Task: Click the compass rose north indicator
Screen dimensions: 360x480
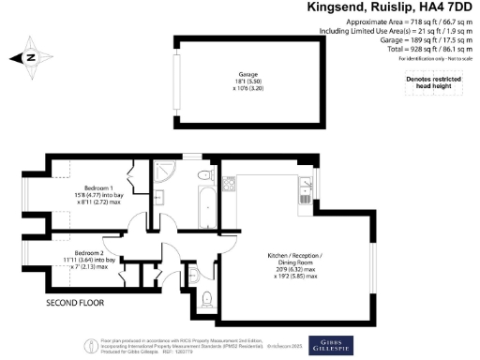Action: coord(30,57)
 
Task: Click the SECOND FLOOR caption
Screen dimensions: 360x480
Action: coord(76,305)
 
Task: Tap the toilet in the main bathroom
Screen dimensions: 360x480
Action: coord(204,174)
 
